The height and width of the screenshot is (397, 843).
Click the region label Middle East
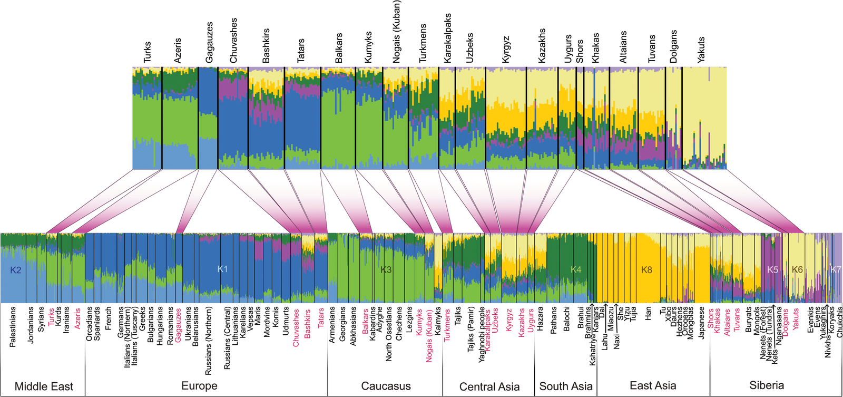(44, 386)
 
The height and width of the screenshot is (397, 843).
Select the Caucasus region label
(386, 386)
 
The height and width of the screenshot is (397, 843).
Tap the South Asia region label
(566, 386)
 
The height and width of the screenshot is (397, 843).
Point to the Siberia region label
(767, 385)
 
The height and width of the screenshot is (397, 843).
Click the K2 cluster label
(16, 270)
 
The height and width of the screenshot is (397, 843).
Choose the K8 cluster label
(646, 270)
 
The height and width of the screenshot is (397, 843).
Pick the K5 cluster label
(772, 270)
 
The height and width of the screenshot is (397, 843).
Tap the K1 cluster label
(222, 269)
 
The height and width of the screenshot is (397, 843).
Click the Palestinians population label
(13, 327)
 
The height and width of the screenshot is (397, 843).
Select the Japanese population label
(701, 323)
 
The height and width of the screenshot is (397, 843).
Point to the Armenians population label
(332, 325)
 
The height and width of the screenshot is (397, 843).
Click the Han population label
(648, 314)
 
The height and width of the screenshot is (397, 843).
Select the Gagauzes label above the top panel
(209, 43)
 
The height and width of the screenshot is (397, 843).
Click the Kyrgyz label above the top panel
(506, 50)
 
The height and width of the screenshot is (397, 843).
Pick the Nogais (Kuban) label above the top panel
(397, 32)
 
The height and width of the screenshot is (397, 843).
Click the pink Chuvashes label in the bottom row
(296, 327)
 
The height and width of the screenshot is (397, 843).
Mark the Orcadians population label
(89, 324)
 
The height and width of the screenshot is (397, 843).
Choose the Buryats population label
(749, 319)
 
